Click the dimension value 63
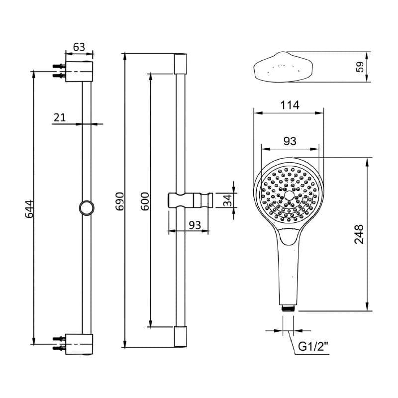pos(79,47)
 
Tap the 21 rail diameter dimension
pos(60,117)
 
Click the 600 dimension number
pos(145,201)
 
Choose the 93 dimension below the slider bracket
pos(195,225)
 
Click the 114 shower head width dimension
pos(289,105)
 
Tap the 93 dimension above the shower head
pos(289,141)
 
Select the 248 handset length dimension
pos(359,234)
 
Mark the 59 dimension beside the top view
pos(360,67)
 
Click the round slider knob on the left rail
pos(87,207)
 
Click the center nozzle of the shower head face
pos(289,195)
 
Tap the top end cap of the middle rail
pos(181,64)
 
